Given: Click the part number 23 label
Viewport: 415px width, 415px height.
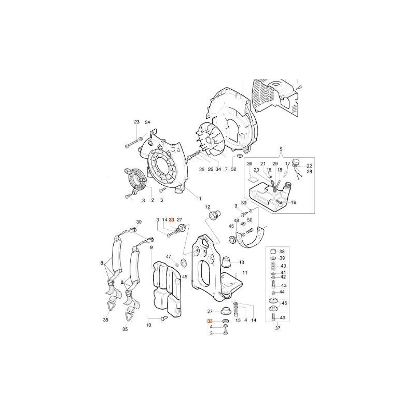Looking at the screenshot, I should tap(137, 122).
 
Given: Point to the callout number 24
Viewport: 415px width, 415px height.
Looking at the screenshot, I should tap(147, 122).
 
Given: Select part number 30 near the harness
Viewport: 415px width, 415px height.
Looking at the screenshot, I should tap(139, 222).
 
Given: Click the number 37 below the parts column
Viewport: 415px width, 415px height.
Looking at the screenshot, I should tap(277, 328).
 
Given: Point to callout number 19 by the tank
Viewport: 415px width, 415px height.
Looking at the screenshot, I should tap(293, 202).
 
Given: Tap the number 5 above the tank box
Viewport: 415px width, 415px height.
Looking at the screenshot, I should tap(281, 150).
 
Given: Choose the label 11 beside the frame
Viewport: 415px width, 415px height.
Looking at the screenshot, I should tap(245, 272).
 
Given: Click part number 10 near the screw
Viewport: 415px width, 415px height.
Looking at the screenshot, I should tap(148, 325).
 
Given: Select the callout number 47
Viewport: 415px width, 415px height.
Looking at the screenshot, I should tap(169, 257).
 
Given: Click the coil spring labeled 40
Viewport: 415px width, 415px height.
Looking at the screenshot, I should tap(273, 265).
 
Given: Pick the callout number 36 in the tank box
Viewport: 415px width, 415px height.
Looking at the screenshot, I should tap(250, 164).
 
